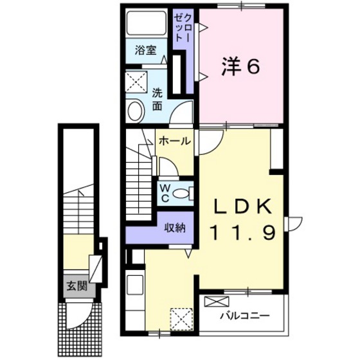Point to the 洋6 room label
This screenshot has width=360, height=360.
242,67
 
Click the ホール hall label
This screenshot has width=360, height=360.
174,141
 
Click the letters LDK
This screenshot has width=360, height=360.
244,208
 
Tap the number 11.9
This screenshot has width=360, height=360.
244,231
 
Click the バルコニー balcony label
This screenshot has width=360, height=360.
244,316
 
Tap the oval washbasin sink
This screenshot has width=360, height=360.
136,112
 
